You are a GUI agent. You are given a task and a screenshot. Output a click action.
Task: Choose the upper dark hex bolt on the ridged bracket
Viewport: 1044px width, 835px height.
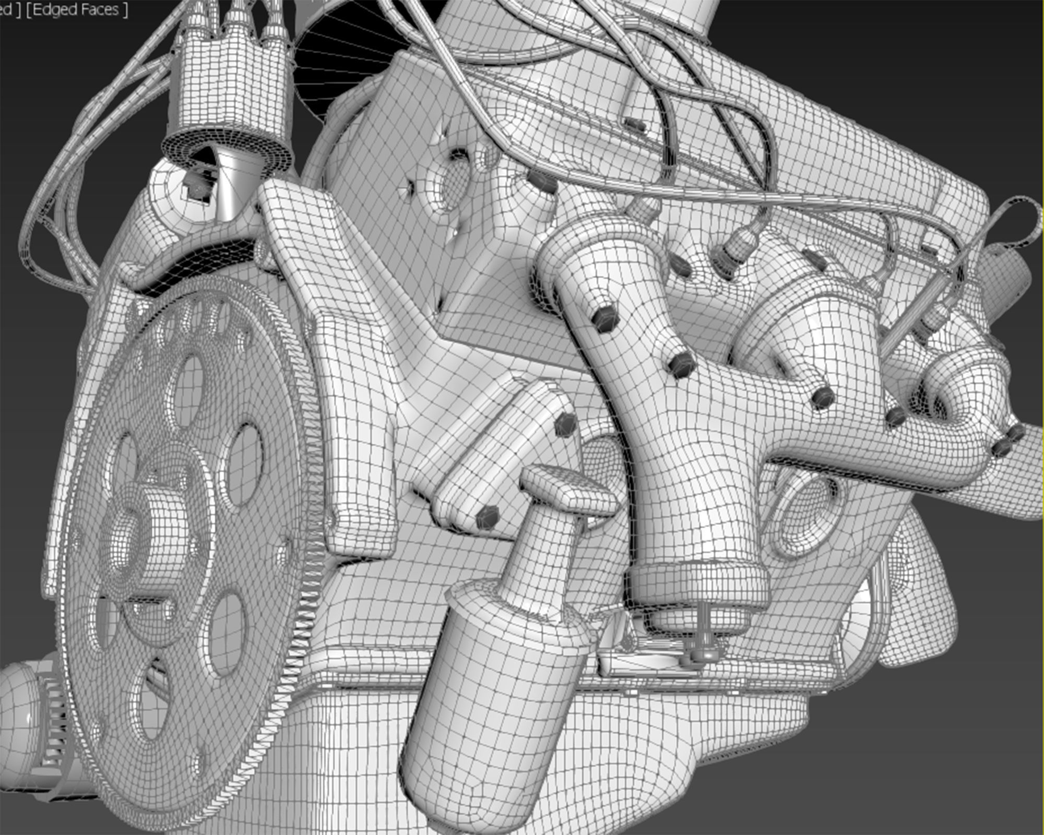click(x=565, y=424)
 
